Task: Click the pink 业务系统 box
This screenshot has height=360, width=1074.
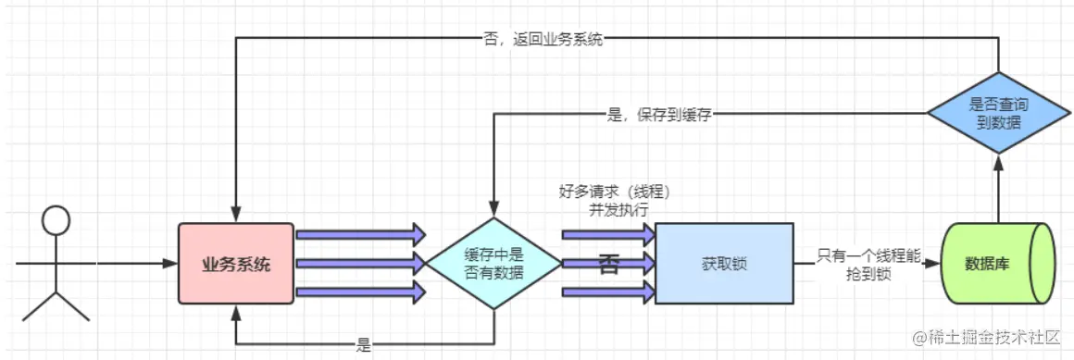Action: point(236,264)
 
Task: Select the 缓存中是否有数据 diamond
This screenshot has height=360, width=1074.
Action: point(493,264)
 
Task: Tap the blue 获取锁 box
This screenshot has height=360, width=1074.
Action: point(724,264)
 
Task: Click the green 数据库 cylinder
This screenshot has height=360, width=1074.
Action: point(998,264)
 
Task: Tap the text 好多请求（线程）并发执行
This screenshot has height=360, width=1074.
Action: point(614,201)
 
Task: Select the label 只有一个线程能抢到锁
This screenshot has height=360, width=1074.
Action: point(868,265)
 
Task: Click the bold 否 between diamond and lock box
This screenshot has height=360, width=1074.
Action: point(608,264)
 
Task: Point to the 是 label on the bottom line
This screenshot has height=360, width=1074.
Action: point(363,345)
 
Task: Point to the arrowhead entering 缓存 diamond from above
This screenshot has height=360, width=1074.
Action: point(493,210)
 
